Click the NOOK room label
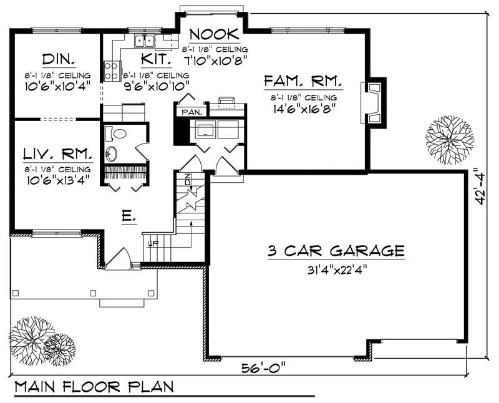point(214,34)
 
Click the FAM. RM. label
point(303,81)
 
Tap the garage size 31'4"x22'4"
point(336,270)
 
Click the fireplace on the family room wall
point(374,103)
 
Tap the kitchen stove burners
point(112,69)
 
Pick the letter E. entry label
point(127,216)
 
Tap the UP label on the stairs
point(152,244)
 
